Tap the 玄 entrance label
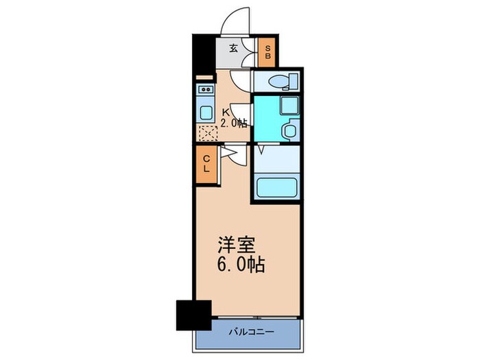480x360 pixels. point(234,48)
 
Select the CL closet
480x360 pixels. point(206,165)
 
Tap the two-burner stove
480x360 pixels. point(205,91)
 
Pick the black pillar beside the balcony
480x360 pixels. point(193,315)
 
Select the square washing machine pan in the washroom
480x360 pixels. point(289,105)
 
